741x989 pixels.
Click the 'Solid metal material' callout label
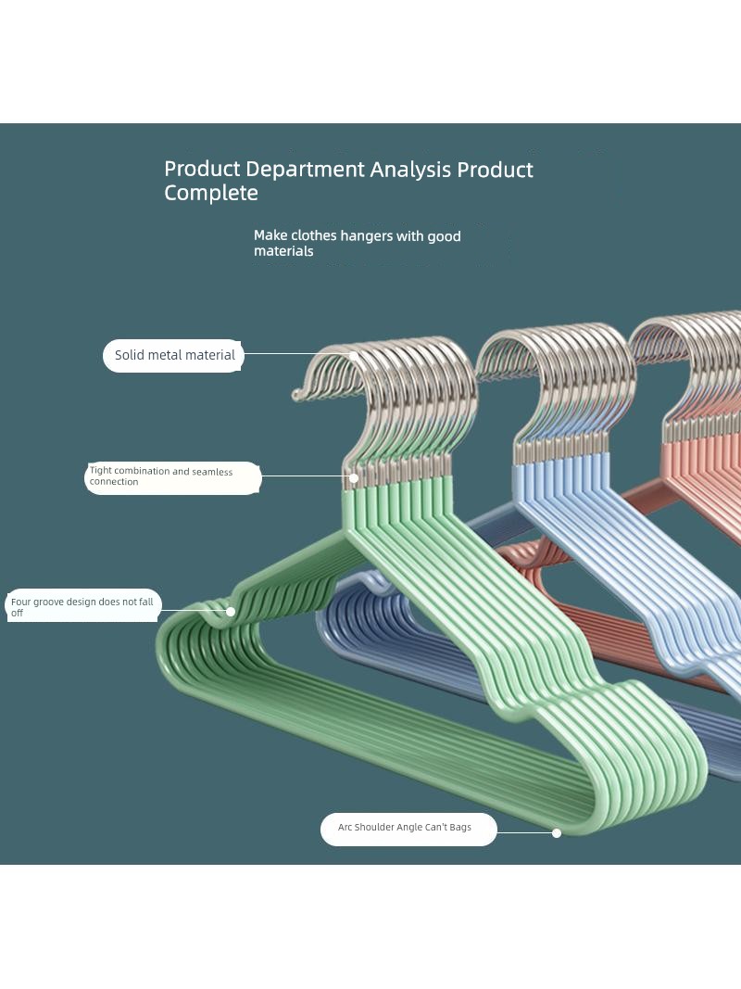click(173, 355)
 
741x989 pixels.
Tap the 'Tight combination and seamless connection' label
click(172, 477)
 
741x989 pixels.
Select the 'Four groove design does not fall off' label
click(83, 606)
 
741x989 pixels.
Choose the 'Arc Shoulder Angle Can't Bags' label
click(408, 829)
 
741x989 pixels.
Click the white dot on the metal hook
click(354, 355)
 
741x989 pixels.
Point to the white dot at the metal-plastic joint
click(354, 478)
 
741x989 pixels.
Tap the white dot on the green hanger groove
click(231, 611)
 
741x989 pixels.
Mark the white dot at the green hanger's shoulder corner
click(557, 832)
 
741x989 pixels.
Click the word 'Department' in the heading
click(305, 169)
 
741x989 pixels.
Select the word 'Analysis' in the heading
click(410, 170)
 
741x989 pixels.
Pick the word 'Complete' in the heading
click(211, 193)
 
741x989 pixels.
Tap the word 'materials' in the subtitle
click(283, 251)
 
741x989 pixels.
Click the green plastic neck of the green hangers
click(398, 504)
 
